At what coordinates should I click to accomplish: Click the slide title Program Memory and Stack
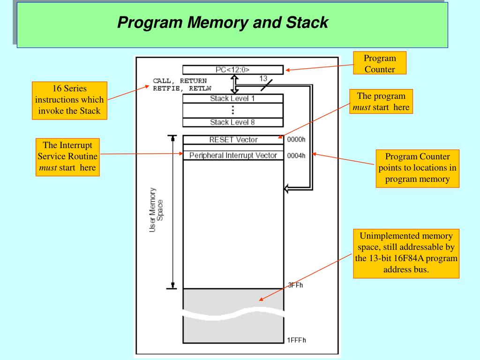pos(223,22)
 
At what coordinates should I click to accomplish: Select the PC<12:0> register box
pos(232,70)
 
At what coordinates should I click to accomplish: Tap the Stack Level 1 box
pos(232,98)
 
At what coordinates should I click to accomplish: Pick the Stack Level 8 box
pos(232,122)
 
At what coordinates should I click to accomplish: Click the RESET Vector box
pos(233,140)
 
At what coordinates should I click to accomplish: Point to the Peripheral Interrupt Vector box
pos(233,156)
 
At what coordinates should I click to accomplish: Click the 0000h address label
pos(296,140)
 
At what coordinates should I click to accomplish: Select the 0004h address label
pos(296,156)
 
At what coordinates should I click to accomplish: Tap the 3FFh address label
pos(295,285)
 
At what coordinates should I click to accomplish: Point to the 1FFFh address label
pos(296,340)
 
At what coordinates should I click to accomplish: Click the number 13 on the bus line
pos(263,79)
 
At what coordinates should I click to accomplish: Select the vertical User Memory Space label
pos(156,210)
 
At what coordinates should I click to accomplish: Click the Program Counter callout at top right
pos(380,63)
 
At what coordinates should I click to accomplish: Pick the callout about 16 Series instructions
pos(69,100)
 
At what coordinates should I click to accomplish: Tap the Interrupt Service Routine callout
pos(67,157)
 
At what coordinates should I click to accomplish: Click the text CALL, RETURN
pos(180,81)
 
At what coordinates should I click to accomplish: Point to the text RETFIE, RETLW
pos(182,89)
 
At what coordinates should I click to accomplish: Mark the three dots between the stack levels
pos(233,110)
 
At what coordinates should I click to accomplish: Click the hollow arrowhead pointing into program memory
pos(286,188)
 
